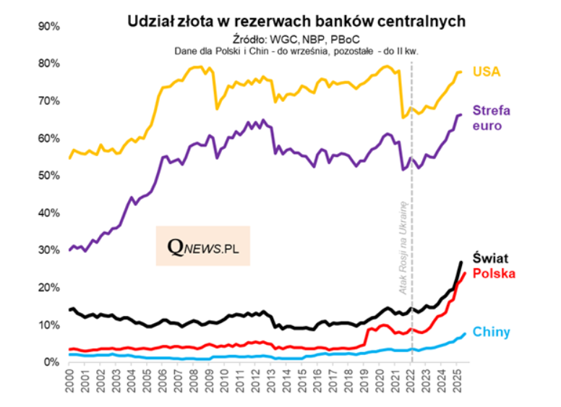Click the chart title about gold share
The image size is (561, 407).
[296, 22]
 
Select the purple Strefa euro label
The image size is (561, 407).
[492, 118]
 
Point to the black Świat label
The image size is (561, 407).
[489, 258]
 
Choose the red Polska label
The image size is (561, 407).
[493, 273]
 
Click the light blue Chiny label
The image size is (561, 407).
[491, 333]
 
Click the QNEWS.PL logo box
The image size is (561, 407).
[203, 247]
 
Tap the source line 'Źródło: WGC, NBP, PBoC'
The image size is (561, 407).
[296, 38]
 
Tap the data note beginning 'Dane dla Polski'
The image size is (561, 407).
[296, 51]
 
